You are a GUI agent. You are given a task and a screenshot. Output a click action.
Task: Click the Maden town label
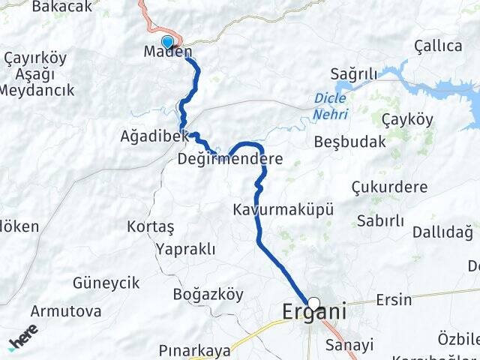168,53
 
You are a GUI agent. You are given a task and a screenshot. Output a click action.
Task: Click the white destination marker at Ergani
313,304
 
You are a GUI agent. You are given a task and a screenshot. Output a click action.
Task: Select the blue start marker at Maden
166,42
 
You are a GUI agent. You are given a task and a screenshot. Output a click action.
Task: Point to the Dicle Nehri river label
330,105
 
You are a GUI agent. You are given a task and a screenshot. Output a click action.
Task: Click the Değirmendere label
230,159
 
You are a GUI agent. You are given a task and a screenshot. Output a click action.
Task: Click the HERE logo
24,337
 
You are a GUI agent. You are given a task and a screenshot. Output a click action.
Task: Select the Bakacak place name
61,7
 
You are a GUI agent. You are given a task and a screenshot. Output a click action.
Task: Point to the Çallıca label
438,46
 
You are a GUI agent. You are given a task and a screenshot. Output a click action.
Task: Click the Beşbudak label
349,141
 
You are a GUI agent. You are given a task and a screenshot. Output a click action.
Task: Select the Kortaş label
151,226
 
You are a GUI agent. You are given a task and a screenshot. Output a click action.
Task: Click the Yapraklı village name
186,249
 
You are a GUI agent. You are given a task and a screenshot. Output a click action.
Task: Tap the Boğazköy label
208,294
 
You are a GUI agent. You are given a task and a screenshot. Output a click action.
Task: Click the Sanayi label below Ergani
349,345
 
